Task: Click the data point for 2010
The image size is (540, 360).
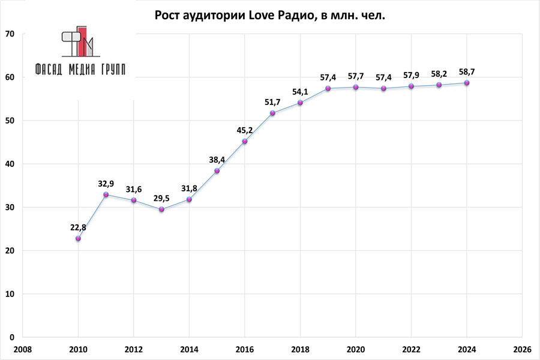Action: click(x=78, y=238)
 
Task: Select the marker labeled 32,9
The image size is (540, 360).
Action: click(x=106, y=194)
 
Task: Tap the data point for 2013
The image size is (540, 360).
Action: click(x=161, y=209)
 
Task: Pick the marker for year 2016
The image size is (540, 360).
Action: click(x=245, y=141)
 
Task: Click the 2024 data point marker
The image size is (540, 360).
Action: click(x=467, y=83)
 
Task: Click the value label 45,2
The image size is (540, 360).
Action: click(x=245, y=129)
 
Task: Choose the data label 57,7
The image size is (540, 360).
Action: click(x=356, y=76)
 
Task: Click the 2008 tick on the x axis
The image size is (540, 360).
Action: click(x=23, y=349)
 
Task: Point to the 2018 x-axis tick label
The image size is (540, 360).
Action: click(x=301, y=349)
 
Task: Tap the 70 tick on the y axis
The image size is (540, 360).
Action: click(x=10, y=34)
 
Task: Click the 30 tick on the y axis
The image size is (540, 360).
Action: click(x=10, y=208)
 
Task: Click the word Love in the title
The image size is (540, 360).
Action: click(x=262, y=15)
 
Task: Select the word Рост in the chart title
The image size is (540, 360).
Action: click(x=169, y=15)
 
